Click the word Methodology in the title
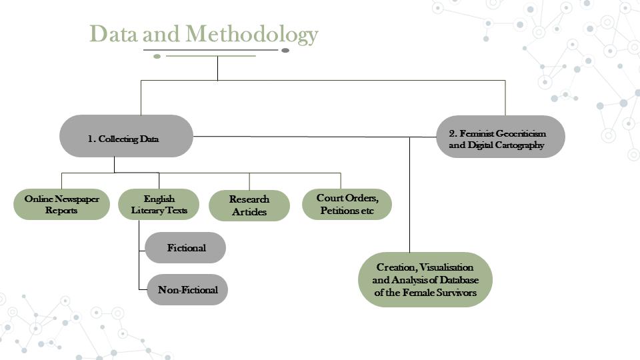tap(252, 34)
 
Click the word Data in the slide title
tap(113, 33)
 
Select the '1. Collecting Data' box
tap(126, 136)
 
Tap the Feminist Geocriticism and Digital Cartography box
tap(501, 137)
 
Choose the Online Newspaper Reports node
tap(61, 204)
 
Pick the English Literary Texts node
tap(159, 204)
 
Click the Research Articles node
tap(249, 205)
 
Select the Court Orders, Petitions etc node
tap(347, 204)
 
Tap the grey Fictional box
tap(185, 248)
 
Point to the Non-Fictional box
tap(187, 290)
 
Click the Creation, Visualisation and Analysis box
tap(425, 279)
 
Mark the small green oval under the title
tap(157, 56)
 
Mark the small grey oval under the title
tap(285, 51)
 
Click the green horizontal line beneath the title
tap(211, 56)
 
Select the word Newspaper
tap(77, 199)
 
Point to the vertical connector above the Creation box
tap(410, 195)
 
